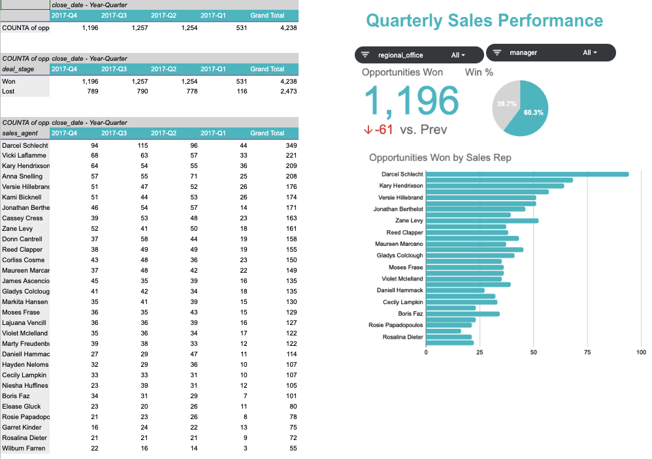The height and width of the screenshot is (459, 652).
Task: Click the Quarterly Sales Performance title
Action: coord(484,21)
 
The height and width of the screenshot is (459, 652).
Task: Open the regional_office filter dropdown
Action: coord(419,55)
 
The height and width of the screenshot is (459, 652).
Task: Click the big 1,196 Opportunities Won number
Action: coord(412,101)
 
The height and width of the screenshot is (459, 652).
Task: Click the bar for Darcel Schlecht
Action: coord(527,174)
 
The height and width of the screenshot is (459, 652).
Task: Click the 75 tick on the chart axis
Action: coord(588,352)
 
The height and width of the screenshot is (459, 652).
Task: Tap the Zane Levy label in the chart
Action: coord(409,220)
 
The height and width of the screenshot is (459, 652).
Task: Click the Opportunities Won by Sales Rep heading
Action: coord(440,158)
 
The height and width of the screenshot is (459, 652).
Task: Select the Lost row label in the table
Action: coord(9,92)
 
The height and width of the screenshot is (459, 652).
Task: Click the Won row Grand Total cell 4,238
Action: coord(287,82)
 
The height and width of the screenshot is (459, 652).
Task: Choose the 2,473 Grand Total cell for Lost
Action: coord(287,92)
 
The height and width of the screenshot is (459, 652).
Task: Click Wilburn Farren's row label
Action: coord(24,448)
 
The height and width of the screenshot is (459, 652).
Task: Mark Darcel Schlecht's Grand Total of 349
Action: coord(291,145)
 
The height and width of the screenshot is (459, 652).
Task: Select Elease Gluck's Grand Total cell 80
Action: coord(293,406)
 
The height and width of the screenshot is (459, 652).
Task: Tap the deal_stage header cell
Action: coord(18,69)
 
